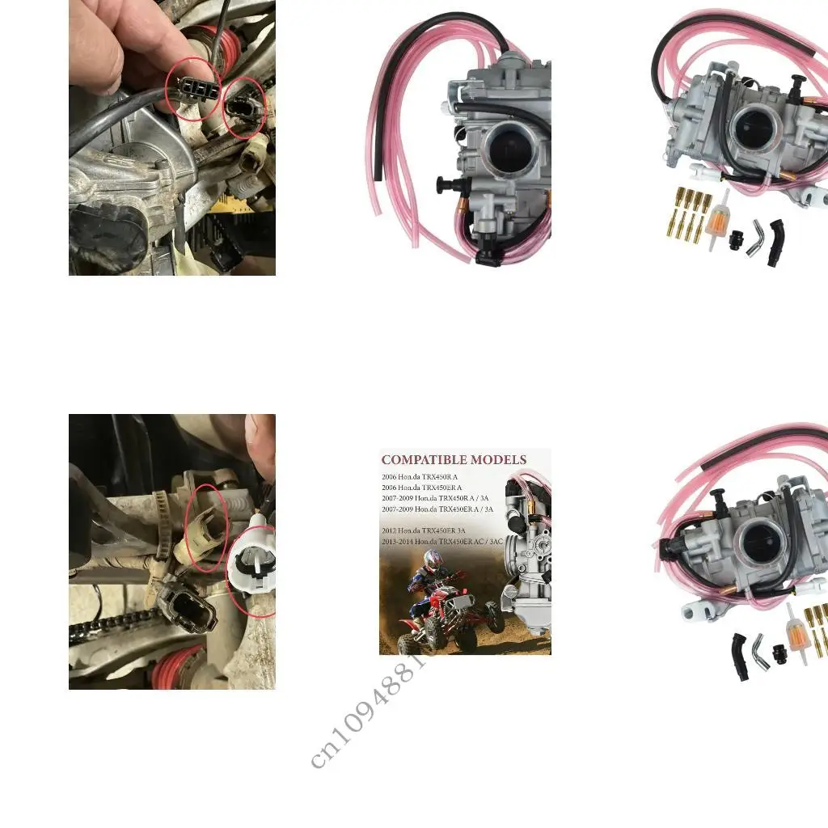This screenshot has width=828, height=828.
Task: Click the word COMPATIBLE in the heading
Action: (x=420, y=460)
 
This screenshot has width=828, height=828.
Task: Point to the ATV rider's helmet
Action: (x=433, y=558)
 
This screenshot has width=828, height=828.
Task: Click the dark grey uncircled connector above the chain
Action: (x=188, y=606)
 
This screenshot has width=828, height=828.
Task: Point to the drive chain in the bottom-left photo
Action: (x=113, y=626)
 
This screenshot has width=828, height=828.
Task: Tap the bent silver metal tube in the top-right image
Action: (x=757, y=235)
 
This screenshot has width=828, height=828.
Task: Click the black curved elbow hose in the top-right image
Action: (x=777, y=242)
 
